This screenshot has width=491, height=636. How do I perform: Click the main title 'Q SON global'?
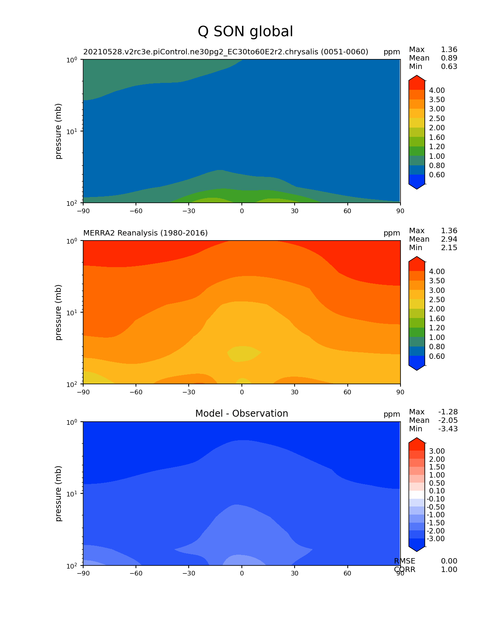coord(245,32)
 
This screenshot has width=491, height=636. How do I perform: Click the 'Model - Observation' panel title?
coord(241,414)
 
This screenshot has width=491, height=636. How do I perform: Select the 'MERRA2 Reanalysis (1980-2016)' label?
coord(146,233)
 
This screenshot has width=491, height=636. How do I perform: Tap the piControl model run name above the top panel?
coord(226,52)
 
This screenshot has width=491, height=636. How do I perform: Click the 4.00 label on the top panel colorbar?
coord(437,90)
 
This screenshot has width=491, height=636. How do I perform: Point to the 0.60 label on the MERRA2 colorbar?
coord(437,356)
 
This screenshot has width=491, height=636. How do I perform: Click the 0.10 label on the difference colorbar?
coord(437,491)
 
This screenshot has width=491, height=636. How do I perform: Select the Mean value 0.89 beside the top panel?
coord(449,58)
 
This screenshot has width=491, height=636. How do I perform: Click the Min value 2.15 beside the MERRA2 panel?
coord(449,248)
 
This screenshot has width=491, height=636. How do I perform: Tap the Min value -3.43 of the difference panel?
coord(448,429)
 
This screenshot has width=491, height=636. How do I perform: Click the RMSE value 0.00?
coord(449,561)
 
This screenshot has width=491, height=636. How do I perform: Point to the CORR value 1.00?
coord(449,570)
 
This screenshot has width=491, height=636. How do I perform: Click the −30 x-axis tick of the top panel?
coord(188,211)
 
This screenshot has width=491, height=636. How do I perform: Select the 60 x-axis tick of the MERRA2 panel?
coord(348,392)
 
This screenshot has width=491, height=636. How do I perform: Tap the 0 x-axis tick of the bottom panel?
coord(242,573)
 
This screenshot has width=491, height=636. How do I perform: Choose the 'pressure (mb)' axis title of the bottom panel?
coord(59,493)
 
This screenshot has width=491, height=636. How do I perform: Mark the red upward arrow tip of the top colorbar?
coord(417,77)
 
